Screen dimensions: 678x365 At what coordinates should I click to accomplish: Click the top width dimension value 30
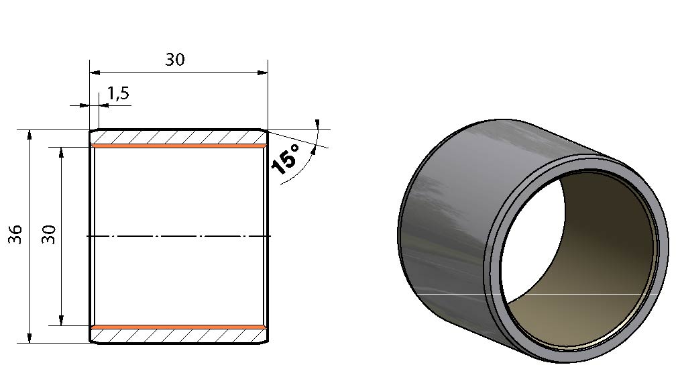[x=174, y=59]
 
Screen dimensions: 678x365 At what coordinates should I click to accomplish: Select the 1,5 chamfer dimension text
[x=118, y=93]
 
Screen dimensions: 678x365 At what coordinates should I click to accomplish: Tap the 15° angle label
[x=286, y=159]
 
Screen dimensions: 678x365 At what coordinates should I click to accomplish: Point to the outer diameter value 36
[x=15, y=234]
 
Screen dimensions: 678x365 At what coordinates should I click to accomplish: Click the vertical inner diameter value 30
[x=49, y=234]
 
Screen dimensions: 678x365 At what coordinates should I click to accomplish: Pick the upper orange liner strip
[x=178, y=146]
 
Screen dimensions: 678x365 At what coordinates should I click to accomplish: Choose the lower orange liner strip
[x=178, y=327]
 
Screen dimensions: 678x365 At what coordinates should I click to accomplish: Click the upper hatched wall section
[x=178, y=137]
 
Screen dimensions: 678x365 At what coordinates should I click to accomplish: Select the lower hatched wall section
[x=178, y=336]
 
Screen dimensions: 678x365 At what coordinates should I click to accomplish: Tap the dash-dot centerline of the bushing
[x=178, y=236]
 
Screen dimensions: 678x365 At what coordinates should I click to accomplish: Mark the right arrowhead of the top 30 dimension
[x=262, y=72]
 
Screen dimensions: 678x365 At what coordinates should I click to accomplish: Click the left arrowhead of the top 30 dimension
[x=95, y=72]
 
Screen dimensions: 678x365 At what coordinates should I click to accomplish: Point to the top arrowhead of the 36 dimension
[x=30, y=135]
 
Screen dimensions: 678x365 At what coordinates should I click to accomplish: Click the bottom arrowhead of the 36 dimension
[x=30, y=338]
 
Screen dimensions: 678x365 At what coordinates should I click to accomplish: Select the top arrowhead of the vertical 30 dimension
[x=61, y=153]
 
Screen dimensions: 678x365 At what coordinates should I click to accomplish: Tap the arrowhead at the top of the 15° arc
[x=317, y=124]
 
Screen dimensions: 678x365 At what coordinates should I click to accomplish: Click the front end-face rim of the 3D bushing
[x=662, y=242]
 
